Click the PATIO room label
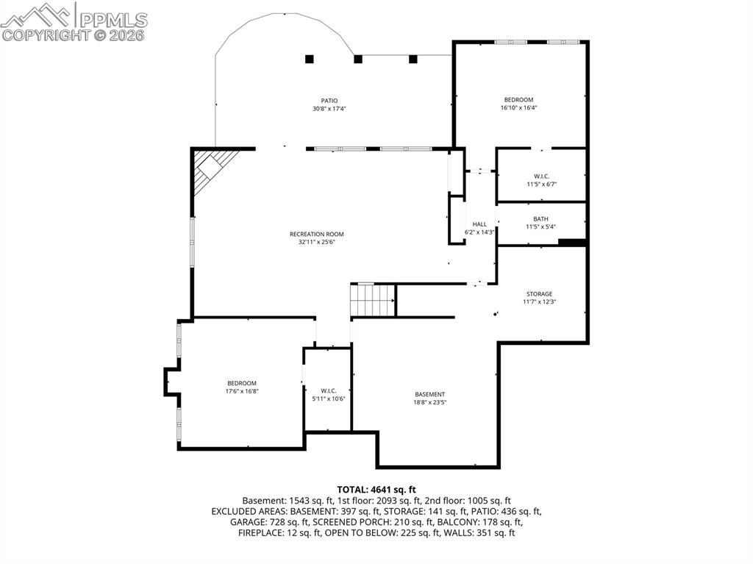pos(329,101)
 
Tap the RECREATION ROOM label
pos(316,235)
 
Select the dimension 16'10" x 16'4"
pos(518,107)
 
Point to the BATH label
pos(540,219)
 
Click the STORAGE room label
pos(539,294)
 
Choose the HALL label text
pos(479,224)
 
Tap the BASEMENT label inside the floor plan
pos(429,394)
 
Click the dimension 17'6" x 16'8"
pos(242,391)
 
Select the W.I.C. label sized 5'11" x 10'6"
pos(329,390)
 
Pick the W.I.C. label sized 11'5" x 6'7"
pos(542,176)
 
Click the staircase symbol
pos(373,300)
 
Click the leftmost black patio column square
pos(310,59)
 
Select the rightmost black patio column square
pos(413,59)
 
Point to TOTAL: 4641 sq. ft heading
pos(376,490)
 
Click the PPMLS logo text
pos(113,20)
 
